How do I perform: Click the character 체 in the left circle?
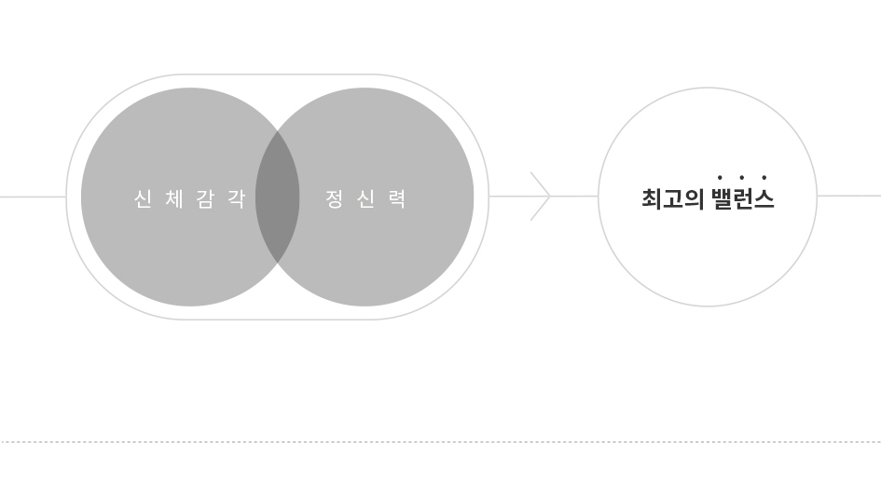(x=174, y=198)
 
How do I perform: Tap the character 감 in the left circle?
(x=206, y=198)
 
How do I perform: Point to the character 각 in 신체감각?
(x=237, y=198)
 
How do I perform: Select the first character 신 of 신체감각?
(x=144, y=198)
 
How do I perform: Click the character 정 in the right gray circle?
(x=335, y=198)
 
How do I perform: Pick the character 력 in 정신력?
(x=396, y=198)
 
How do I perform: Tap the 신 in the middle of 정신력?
(x=365, y=198)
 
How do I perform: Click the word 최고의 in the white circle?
(x=673, y=198)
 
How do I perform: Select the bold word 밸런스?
(x=743, y=198)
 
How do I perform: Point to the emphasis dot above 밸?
(x=720, y=177)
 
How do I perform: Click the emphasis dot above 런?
(x=742, y=177)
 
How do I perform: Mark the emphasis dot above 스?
(x=764, y=177)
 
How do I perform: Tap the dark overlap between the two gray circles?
(x=278, y=197)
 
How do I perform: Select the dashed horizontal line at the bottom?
(x=440, y=442)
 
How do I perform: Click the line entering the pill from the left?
(x=34, y=197)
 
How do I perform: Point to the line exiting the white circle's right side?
(x=849, y=196)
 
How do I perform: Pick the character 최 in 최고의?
(x=652, y=198)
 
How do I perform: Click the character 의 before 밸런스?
(x=695, y=198)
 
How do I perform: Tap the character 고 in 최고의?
(x=673, y=198)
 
